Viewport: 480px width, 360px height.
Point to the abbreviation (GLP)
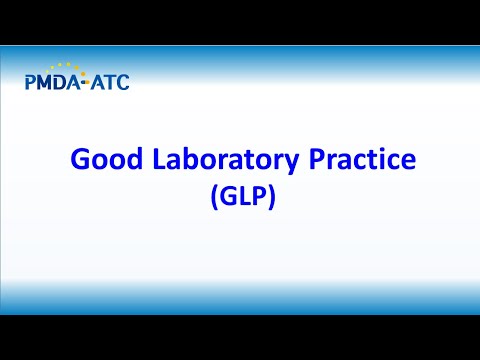click(242, 196)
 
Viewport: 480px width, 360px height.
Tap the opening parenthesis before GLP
click(213, 197)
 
